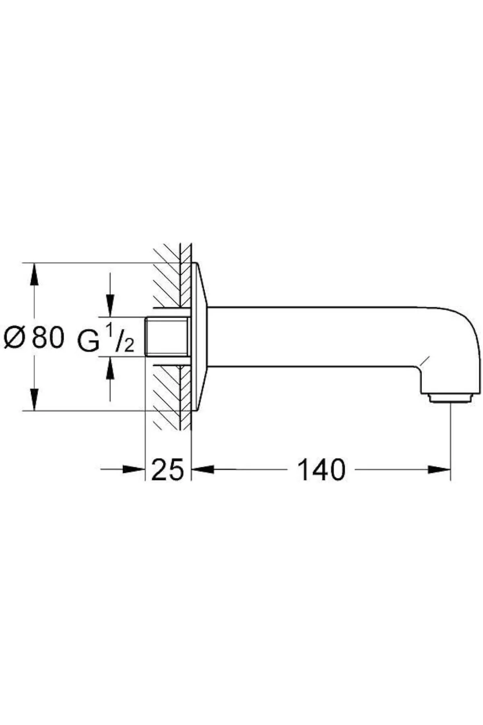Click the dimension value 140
coord(321,470)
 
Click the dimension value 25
coord(167,470)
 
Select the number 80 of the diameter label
coord(48,337)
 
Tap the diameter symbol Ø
coord(15,337)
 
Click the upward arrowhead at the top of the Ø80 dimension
coord(35,275)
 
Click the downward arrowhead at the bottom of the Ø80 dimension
coord(35,399)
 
